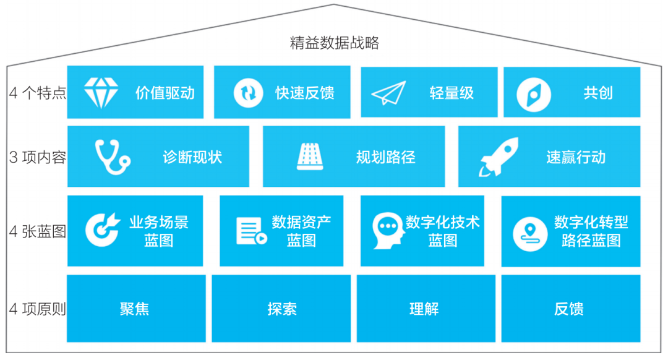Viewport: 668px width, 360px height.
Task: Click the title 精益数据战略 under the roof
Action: pos(335,43)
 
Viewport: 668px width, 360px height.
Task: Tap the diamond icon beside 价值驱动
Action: pos(101,92)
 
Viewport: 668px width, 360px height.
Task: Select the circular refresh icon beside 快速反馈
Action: pos(248,92)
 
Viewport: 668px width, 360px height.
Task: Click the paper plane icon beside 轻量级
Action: pos(388,93)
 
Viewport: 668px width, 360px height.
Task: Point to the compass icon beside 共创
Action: pos(533,95)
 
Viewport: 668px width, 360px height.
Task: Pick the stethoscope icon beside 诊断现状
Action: pos(113,156)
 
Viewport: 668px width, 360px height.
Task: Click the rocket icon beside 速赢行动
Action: pos(499,156)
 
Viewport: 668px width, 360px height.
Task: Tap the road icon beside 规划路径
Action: pos(310,156)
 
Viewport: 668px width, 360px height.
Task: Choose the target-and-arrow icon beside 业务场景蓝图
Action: pos(103,229)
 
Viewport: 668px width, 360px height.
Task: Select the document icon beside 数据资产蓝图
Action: pos(251,231)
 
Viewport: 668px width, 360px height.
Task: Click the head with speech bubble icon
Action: pos(388,231)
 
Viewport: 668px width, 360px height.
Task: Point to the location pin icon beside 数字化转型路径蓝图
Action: pos(530,234)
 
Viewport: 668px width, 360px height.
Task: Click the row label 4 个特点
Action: pos(38,92)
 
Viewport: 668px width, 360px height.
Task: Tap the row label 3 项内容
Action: pos(38,157)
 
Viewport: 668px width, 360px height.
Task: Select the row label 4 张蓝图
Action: pos(38,231)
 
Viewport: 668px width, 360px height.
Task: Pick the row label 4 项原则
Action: pos(38,309)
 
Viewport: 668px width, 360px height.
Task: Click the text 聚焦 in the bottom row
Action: pos(135,309)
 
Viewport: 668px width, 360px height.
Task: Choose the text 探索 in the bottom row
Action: pos(282,309)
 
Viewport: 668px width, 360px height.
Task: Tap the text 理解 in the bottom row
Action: pos(424,309)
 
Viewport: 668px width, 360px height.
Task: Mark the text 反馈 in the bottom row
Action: pos(569,309)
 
